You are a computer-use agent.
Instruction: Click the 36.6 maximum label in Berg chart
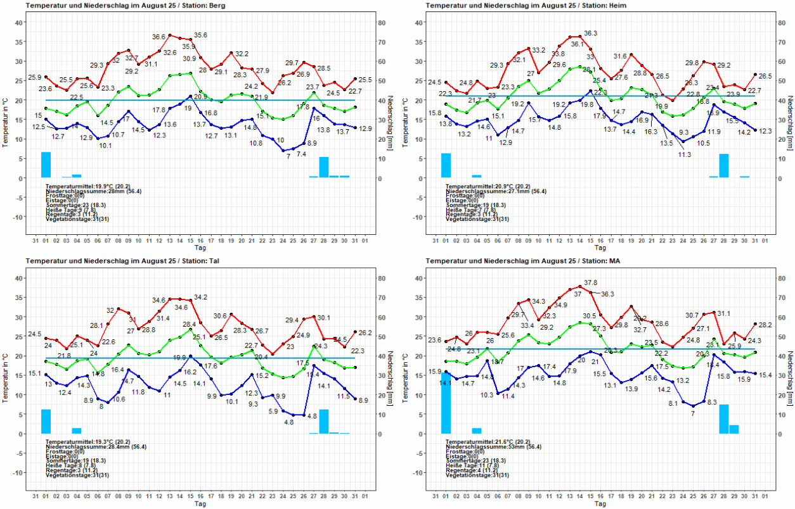coord(158,37)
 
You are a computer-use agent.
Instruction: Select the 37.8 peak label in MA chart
coord(590,282)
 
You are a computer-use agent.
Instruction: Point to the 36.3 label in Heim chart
coord(590,33)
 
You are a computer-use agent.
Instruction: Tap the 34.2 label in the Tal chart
coord(200,297)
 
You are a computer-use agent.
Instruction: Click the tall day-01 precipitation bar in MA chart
coord(446,403)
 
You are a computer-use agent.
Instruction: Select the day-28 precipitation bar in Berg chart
coord(323,167)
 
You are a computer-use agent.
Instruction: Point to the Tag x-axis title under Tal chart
coord(200,504)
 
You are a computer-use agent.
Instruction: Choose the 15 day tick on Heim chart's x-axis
coord(590,241)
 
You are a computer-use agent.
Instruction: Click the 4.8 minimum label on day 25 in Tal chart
coord(288,422)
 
